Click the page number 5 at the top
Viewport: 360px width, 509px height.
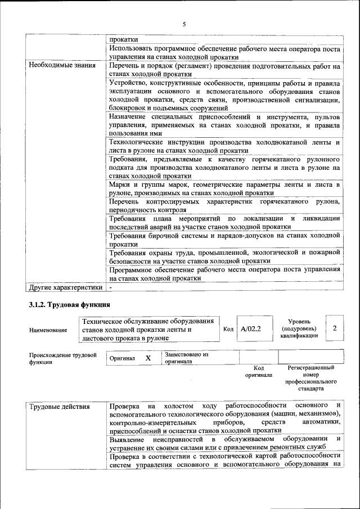[x=184, y=24]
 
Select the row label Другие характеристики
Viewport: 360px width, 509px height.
[x=66, y=287]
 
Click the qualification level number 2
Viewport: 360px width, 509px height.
[x=335, y=328]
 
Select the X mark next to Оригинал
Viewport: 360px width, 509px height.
[x=148, y=358]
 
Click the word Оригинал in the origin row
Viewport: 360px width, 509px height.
[x=122, y=358]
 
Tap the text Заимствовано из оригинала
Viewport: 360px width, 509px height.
[x=186, y=358]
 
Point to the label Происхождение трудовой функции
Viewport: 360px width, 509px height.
[x=62, y=359]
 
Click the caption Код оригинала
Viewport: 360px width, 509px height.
[x=259, y=371]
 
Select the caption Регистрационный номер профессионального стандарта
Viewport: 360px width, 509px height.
[x=310, y=378]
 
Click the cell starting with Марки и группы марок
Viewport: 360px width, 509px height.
[x=224, y=188]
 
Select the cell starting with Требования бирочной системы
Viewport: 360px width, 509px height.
[x=224, y=240]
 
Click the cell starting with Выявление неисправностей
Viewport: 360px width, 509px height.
[x=224, y=442]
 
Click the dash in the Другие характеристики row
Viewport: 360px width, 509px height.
[x=111, y=287]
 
